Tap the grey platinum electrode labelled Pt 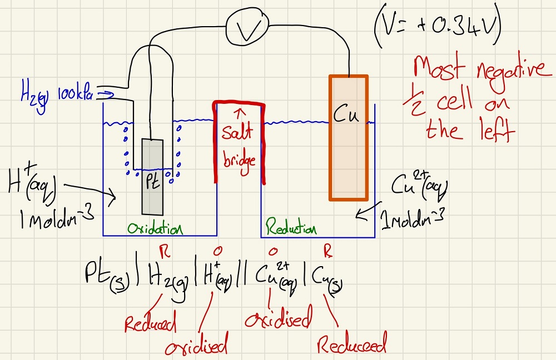tap(153, 177)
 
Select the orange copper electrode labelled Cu tap(348, 137)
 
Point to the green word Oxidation tap(155, 229)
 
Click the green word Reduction tap(291, 229)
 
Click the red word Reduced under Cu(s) tap(351, 346)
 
